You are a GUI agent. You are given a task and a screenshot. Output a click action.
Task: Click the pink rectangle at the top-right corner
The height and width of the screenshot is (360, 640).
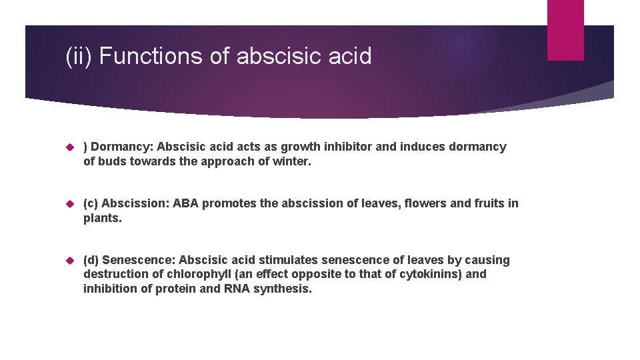(565, 30)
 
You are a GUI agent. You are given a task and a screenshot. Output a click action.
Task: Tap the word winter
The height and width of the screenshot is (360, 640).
(292, 161)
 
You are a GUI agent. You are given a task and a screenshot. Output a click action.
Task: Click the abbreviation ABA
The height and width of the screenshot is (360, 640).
(185, 203)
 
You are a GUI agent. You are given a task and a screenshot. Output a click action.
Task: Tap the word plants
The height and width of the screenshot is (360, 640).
(103, 217)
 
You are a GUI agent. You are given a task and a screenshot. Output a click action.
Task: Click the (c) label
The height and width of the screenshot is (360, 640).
(91, 203)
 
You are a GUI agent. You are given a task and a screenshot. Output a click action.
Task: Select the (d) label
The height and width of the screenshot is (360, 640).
(91, 260)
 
